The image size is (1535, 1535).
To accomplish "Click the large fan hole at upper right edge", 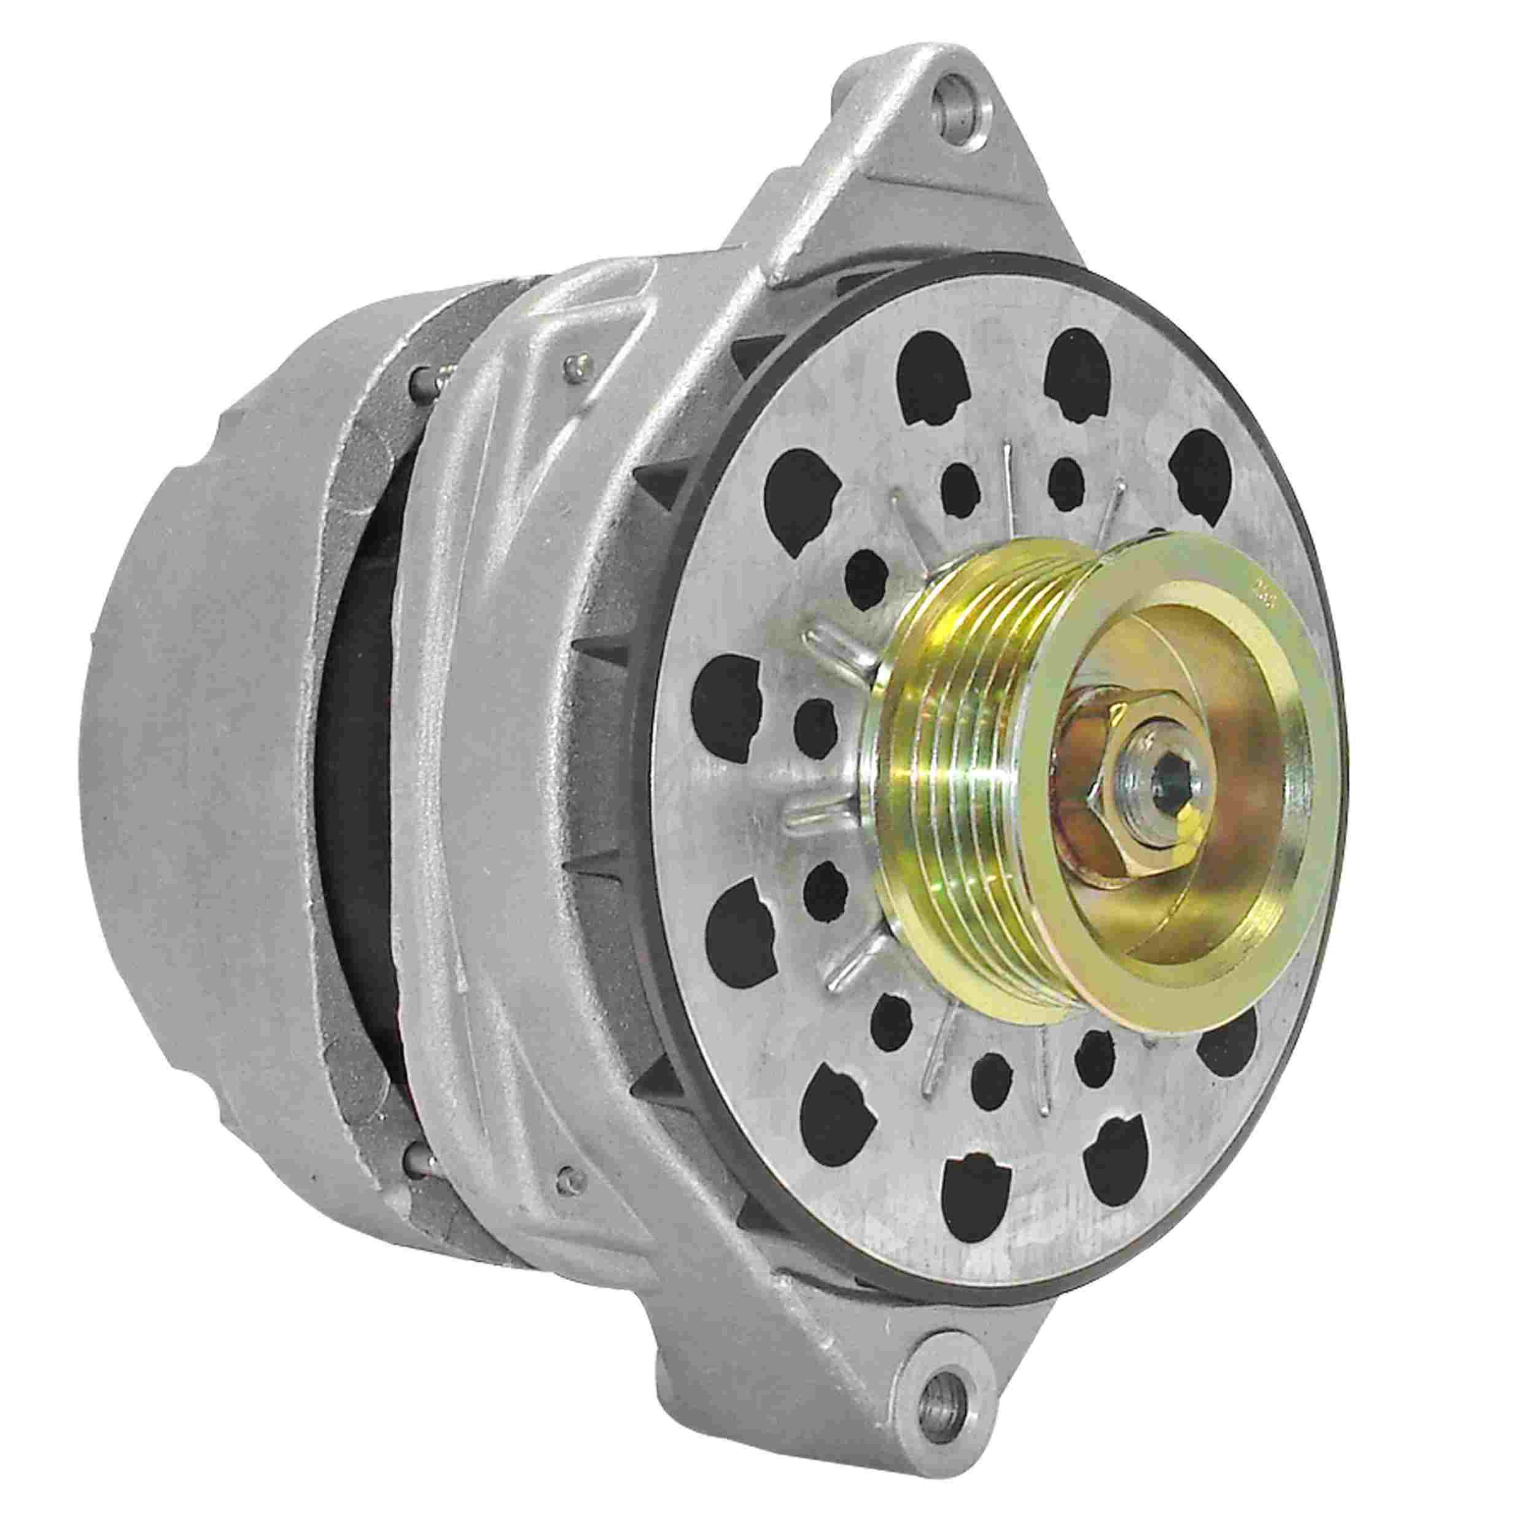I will (1205, 470).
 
